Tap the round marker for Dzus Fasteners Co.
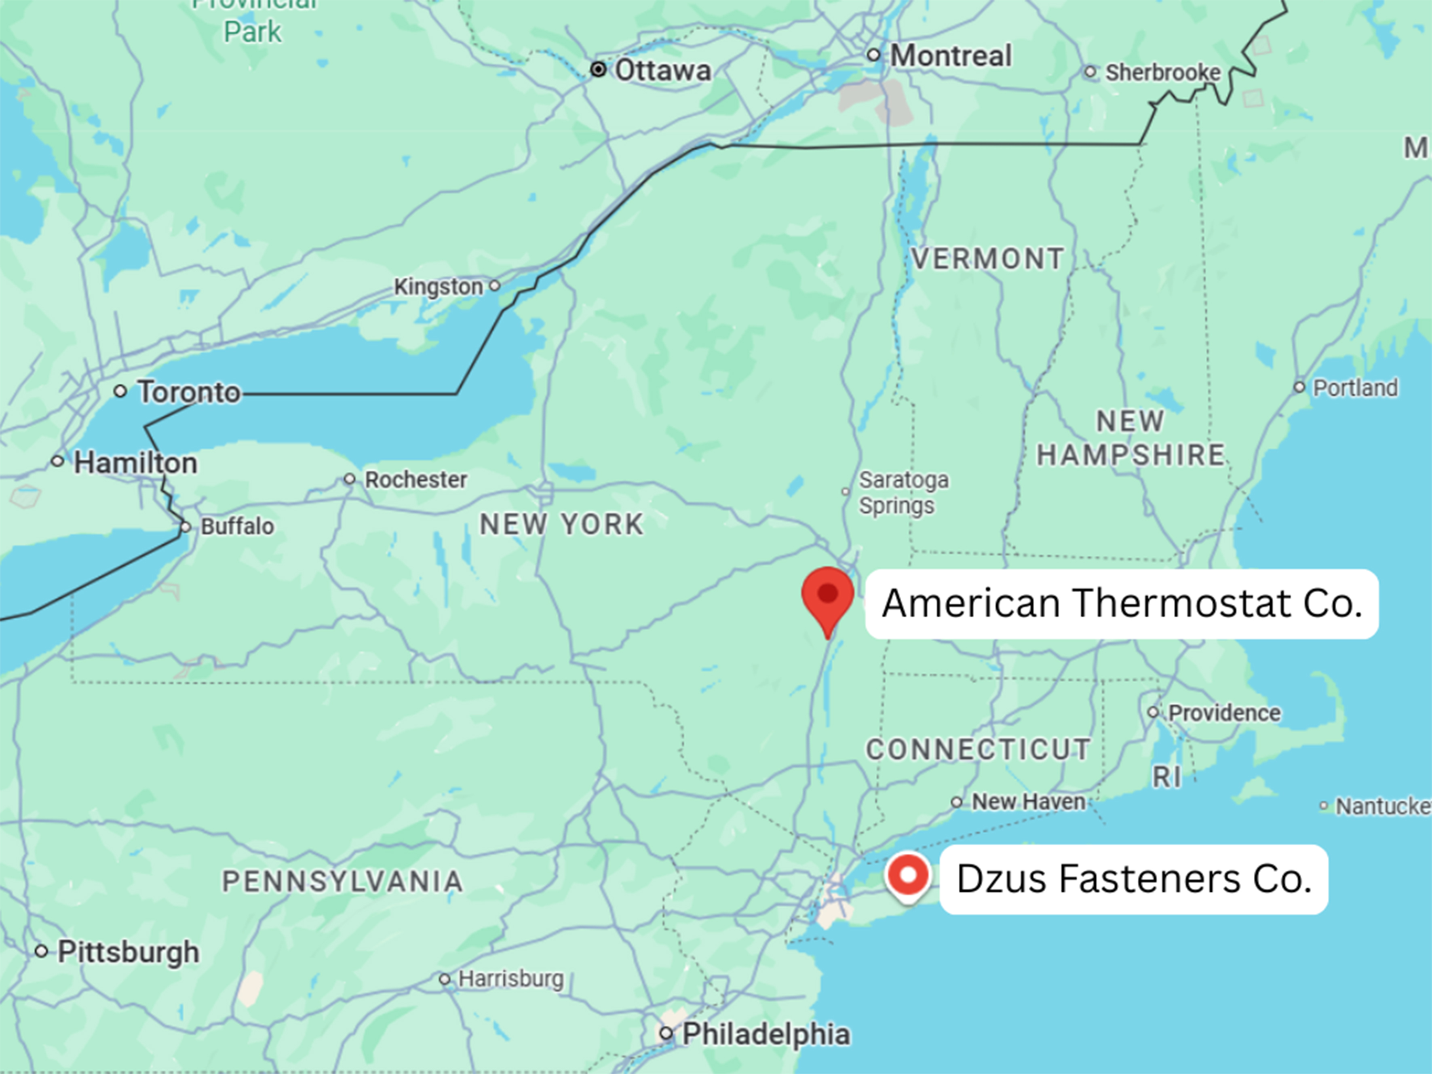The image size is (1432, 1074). click(908, 875)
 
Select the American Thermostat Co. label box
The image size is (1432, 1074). click(1122, 604)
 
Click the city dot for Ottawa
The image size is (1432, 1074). click(598, 69)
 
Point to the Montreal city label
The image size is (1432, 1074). click(950, 56)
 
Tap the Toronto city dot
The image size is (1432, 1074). click(120, 391)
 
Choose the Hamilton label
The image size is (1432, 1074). click(135, 463)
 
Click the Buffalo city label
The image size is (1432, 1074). click(237, 526)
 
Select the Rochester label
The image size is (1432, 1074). click(415, 480)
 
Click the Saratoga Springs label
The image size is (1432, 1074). click(903, 493)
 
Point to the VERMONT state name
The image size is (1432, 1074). click(987, 259)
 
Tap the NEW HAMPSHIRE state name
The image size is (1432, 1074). click(1130, 438)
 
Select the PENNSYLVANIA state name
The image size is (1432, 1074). click(342, 882)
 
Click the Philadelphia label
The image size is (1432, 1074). click(766, 1034)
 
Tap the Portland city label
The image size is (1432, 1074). click(1355, 388)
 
